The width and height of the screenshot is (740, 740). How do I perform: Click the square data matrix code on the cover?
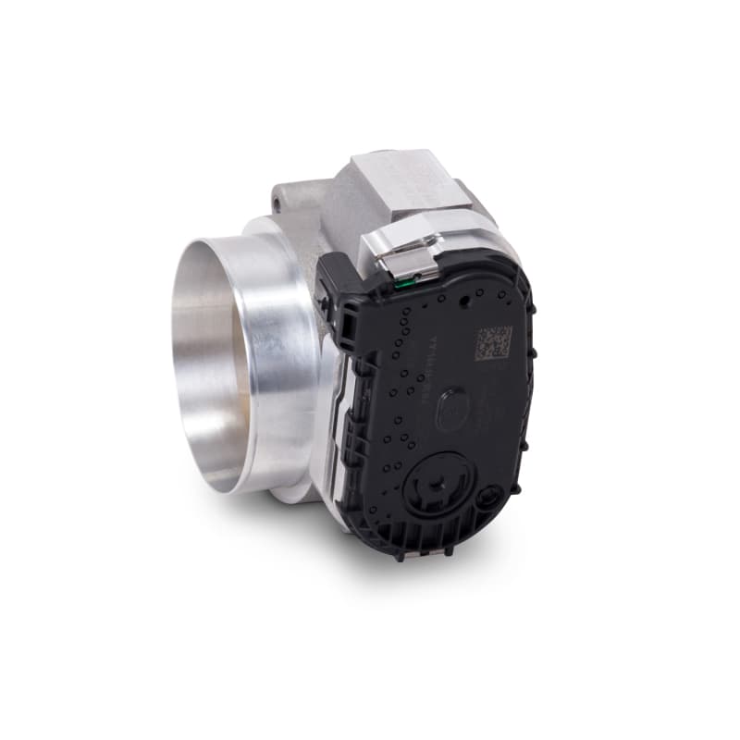(x=494, y=342)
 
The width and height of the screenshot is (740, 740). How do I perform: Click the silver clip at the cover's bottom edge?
(x=427, y=552)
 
